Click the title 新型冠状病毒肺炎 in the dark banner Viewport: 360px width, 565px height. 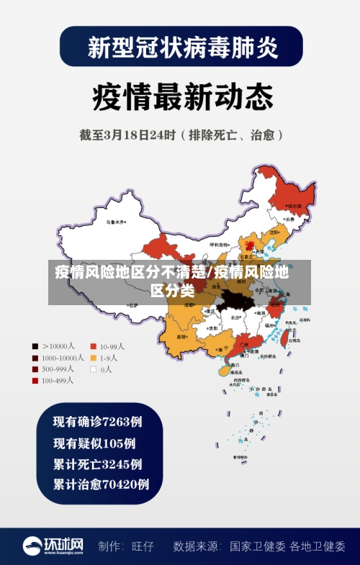coord(181,48)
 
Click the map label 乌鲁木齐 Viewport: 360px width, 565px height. coord(115,222)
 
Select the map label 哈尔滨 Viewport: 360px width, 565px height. coord(294,206)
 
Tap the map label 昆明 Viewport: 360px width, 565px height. coord(181,336)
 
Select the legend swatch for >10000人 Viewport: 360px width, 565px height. coord(34,345)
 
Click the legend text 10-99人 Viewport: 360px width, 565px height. coord(112,345)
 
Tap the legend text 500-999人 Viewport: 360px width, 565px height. coord(57,369)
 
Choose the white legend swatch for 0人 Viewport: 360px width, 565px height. coord(93,369)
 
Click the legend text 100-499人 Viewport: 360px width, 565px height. coord(57,381)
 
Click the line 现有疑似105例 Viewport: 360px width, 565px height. coord(94,443)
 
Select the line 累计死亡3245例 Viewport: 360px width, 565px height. coord(98,464)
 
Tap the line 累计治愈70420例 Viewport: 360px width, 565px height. coord(102,484)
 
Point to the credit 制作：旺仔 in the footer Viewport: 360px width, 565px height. coord(126,546)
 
